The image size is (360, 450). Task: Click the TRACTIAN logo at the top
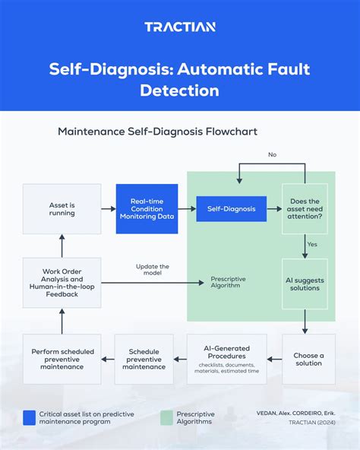click(180, 27)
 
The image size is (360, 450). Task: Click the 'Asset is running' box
click(62, 208)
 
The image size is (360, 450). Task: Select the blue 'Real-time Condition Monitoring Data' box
click(147, 208)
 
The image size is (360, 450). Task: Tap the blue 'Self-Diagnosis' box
click(231, 208)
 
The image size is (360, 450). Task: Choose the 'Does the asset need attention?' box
click(305, 208)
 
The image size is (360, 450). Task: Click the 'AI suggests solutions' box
click(305, 283)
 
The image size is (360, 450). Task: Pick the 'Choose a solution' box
click(308, 359)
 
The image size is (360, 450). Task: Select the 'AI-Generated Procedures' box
click(226, 359)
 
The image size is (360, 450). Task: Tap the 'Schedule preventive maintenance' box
click(144, 359)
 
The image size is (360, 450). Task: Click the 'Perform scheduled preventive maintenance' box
click(62, 359)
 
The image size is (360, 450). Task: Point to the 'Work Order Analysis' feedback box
click(62, 283)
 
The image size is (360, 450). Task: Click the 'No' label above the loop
click(272, 155)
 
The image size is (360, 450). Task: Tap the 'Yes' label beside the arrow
click(312, 245)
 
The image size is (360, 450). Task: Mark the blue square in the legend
click(30, 417)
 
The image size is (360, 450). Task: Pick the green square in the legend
click(167, 417)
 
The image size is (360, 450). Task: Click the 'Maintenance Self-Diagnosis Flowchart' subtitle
click(157, 132)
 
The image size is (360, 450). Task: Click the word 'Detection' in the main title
click(179, 90)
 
